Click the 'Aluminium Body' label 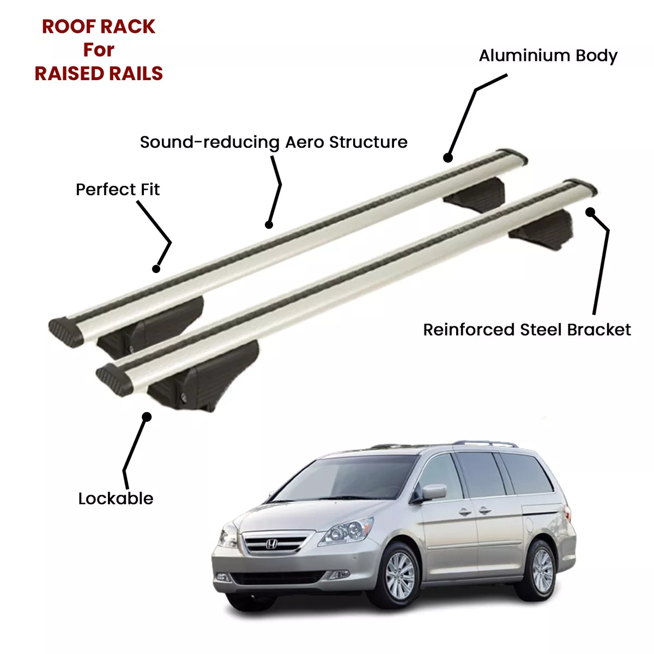pos(548,56)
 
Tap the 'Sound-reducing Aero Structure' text pos(274,142)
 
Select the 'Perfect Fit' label pos(117,189)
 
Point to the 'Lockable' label pos(116,499)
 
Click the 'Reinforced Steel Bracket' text pos(526,330)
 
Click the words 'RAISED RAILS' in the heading pos(99,74)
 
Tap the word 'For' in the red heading pos(99,50)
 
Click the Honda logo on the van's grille pos(271,544)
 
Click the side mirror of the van pos(433,492)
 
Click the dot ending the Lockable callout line pos(147,417)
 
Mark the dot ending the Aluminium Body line pos(447,158)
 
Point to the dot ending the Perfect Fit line pos(156,269)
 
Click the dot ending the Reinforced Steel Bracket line pos(590,212)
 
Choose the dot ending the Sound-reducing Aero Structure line pos(269,225)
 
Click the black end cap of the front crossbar pos(114,379)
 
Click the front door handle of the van pos(464,512)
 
